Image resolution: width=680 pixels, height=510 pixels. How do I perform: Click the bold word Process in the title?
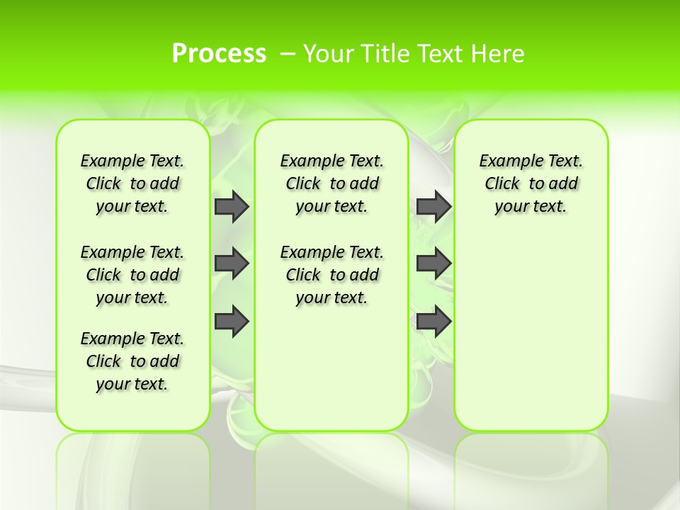point(219,54)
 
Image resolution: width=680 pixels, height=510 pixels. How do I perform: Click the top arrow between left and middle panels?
point(231,207)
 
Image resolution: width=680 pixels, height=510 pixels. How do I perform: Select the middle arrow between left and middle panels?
point(231,263)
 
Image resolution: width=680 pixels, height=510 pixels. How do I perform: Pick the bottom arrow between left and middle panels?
point(231,321)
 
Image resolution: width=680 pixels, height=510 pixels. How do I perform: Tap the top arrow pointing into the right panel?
point(433,207)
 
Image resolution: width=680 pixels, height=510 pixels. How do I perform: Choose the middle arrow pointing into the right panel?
point(433,263)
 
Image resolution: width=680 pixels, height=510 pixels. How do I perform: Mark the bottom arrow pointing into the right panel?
point(433,321)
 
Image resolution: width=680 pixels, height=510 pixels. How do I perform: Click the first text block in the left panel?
point(132,183)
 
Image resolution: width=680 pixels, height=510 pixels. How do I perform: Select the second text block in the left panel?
point(132,275)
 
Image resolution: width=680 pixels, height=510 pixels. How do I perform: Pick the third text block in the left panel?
point(132,361)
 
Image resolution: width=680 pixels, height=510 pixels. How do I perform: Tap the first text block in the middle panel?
point(331,183)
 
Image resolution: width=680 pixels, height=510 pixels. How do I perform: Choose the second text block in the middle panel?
point(331,275)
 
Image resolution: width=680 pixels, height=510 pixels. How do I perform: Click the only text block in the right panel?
point(531,183)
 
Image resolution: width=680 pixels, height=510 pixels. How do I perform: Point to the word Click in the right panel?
point(502,184)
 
